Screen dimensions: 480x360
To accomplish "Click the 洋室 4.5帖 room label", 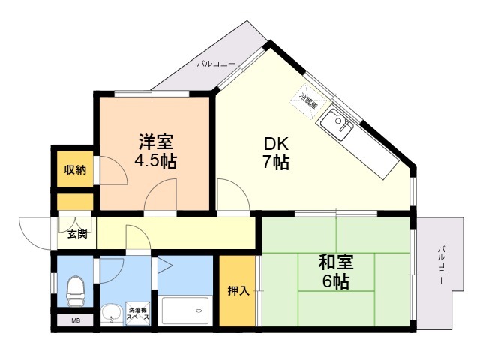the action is (156, 151).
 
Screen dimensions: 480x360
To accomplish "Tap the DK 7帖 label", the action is (276, 153).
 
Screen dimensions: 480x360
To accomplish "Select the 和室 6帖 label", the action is (336, 271).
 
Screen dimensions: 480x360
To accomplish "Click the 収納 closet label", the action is (75, 170).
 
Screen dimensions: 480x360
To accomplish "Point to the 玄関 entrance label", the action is (77, 234).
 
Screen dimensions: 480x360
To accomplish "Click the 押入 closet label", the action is (238, 291).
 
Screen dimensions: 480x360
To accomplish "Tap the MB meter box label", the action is (76, 321).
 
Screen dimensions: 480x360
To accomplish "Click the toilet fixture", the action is (75, 290).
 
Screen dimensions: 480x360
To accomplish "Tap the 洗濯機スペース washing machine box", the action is (138, 313).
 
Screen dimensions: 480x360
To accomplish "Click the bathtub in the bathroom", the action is (186, 310).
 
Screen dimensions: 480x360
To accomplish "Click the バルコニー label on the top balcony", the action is (216, 64).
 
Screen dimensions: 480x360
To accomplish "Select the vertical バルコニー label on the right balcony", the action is (441, 265).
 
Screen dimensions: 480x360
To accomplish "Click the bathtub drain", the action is (199, 310).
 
